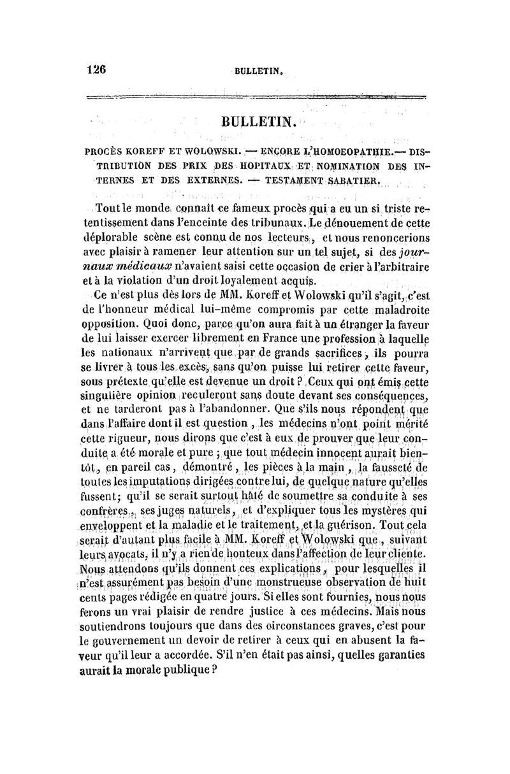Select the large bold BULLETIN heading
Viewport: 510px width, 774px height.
coord(258,120)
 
